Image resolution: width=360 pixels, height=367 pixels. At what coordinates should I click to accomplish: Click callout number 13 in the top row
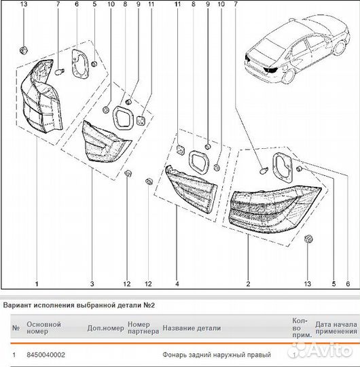(x=24, y=4)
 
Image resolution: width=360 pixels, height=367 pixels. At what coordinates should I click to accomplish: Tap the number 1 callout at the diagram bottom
(x=37, y=284)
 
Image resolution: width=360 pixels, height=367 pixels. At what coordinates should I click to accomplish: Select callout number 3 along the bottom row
(x=92, y=284)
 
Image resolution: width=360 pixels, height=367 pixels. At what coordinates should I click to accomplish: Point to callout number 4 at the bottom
(x=177, y=284)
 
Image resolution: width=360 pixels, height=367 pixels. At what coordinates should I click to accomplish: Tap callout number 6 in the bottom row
(x=348, y=284)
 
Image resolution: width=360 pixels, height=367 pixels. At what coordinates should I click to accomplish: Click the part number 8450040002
(x=46, y=355)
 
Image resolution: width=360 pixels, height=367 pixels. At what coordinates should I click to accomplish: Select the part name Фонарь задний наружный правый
(x=217, y=355)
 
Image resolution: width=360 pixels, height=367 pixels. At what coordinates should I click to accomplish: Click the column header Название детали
(x=192, y=328)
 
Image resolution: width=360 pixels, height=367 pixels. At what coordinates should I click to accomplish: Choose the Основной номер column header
(x=43, y=328)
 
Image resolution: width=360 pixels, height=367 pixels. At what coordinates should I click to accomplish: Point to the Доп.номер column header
(x=106, y=328)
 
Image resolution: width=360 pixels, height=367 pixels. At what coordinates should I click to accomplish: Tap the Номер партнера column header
(x=143, y=328)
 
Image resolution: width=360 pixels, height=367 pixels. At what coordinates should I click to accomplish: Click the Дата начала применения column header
(x=336, y=328)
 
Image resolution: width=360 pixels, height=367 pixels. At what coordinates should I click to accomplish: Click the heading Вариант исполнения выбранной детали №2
(x=79, y=305)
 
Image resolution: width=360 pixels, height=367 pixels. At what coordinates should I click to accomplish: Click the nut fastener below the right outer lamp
(x=308, y=239)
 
